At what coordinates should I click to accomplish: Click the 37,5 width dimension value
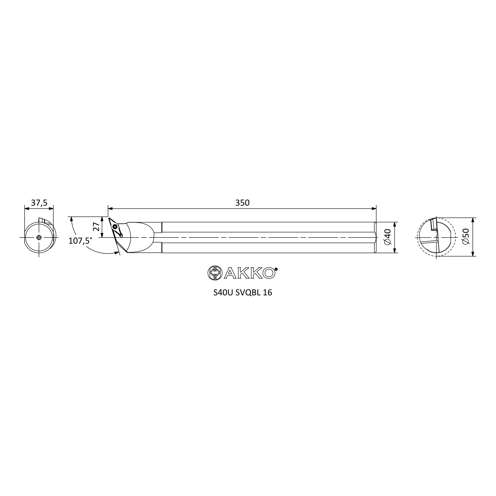(39, 203)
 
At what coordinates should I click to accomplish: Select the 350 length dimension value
(242, 203)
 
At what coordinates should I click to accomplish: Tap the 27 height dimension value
(96, 227)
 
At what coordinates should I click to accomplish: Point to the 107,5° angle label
(80, 241)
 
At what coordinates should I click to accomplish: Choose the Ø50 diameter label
(465, 236)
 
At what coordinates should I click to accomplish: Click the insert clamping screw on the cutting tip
(115, 227)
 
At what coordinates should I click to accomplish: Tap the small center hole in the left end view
(39, 238)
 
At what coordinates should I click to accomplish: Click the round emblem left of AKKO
(215, 273)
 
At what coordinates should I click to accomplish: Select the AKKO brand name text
(249, 273)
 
